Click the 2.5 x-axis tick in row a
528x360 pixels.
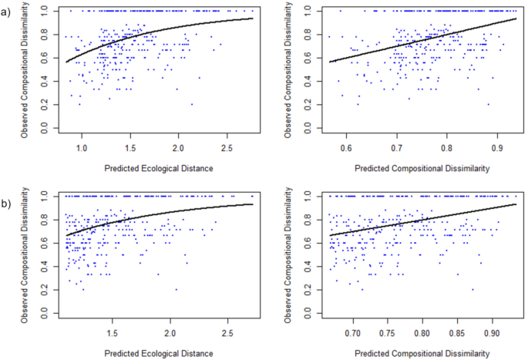click(x=227, y=146)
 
